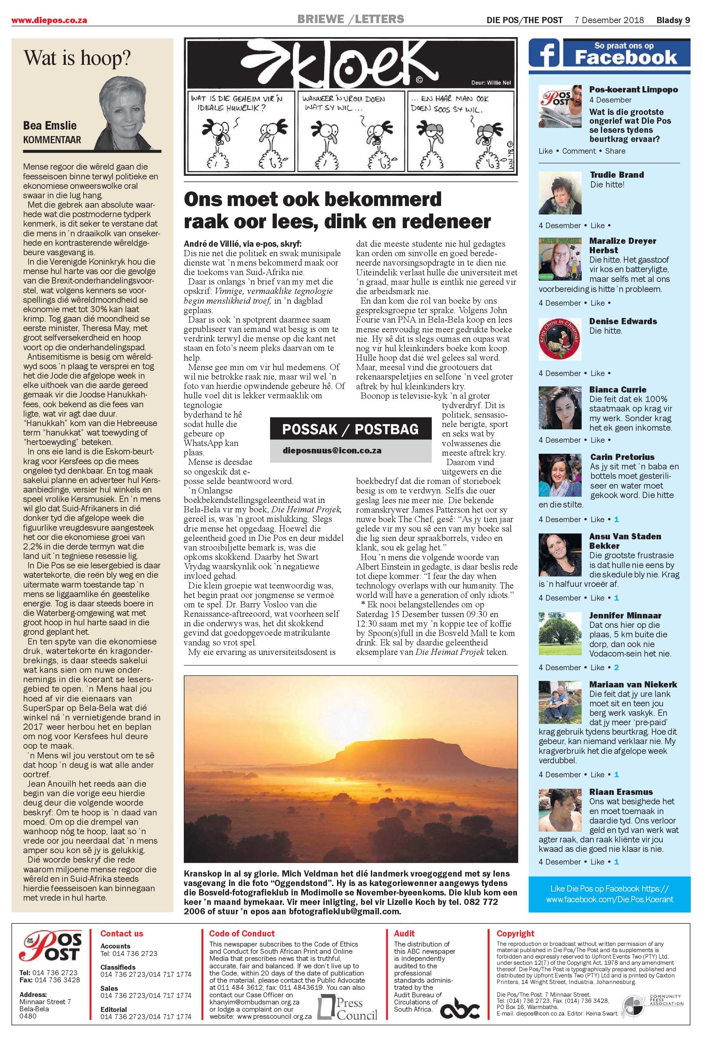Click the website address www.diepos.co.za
(49, 20)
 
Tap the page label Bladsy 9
(672, 20)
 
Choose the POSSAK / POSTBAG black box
(350, 430)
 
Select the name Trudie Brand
(617, 175)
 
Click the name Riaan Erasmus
(621, 792)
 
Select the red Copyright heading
(515, 933)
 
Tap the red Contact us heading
(121, 933)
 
